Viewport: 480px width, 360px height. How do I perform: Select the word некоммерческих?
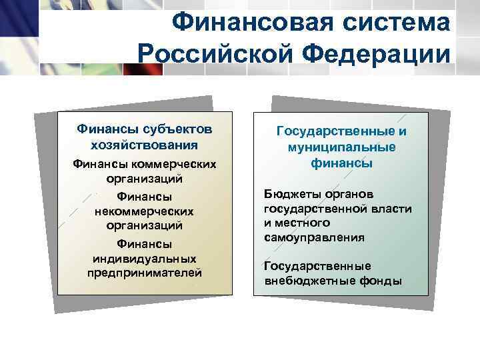pos(144,211)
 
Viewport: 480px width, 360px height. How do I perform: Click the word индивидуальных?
pos(144,258)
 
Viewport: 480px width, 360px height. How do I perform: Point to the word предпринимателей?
pos(144,273)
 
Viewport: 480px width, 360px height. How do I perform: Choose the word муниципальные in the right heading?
pos(341,147)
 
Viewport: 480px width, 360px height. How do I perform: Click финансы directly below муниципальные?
pos(341,163)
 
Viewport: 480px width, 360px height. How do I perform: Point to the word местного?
pos(298,223)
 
